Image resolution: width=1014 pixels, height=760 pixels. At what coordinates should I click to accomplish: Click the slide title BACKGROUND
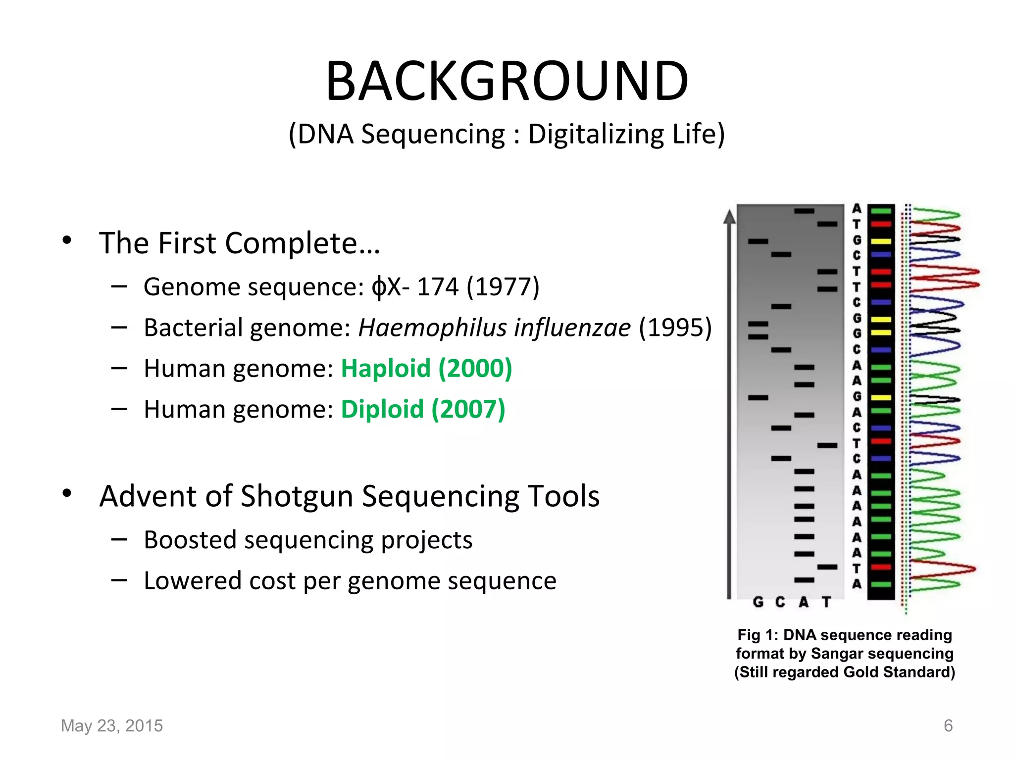[x=507, y=81]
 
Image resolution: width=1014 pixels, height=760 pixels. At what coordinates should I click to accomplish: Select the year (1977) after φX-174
[x=503, y=286]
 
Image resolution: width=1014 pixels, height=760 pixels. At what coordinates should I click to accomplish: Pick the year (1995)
[x=675, y=328]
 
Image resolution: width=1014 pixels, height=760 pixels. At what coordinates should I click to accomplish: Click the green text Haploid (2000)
[x=426, y=369]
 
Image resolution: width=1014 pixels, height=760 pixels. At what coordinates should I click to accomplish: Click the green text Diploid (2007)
[x=423, y=410]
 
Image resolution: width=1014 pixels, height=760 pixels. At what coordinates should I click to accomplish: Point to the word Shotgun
[x=297, y=496]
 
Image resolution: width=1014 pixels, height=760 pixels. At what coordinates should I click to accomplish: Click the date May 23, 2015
[x=112, y=726]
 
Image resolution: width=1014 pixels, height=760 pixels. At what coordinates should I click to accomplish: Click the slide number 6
[x=948, y=726]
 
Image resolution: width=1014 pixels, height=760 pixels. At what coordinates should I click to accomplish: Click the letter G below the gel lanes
[x=758, y=602]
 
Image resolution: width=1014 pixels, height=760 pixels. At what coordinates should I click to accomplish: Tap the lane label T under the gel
[x=826, y=602]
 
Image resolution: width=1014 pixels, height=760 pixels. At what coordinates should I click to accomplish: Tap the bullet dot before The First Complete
[x=67, y=241]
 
